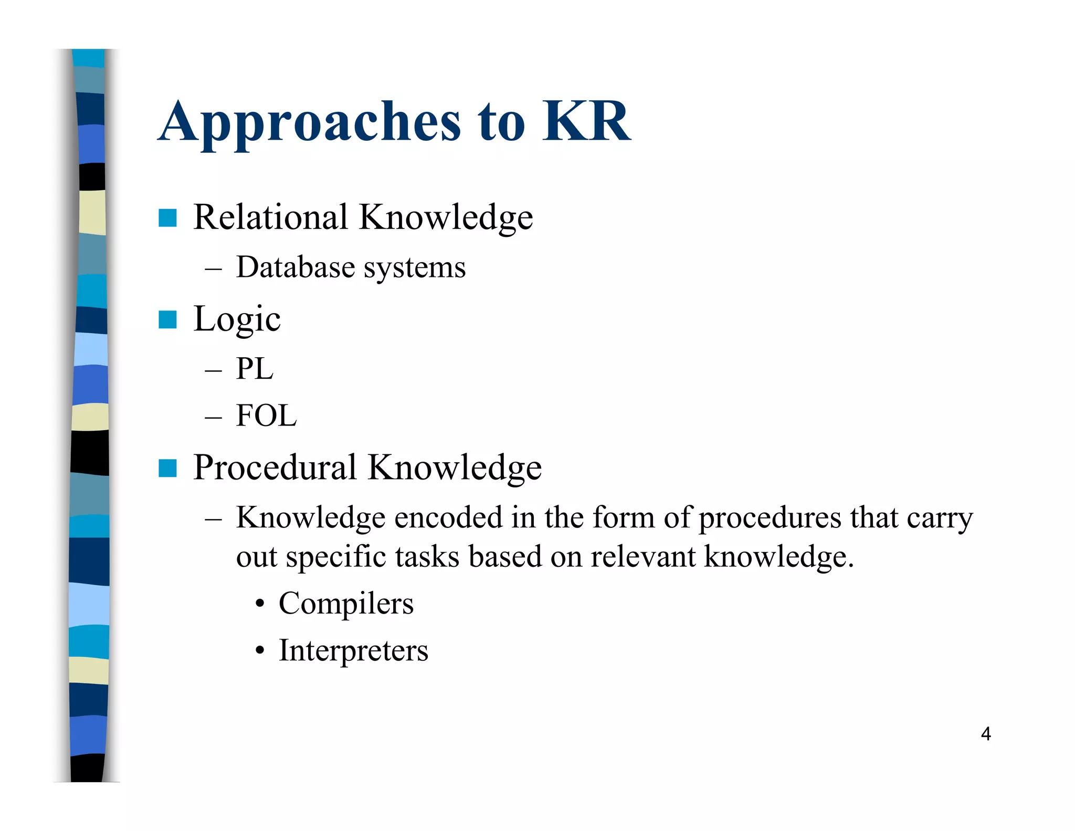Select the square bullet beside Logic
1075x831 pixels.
167,319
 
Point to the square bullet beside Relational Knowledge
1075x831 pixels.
167,218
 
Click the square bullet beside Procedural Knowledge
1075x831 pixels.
167,468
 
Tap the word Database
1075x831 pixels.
296,267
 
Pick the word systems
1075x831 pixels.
415,268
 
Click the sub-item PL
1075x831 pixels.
255,368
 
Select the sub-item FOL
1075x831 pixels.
266,415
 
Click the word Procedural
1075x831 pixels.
275,467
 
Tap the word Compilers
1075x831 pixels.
346,604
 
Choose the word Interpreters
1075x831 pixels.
353,651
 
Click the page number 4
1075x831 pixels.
985,734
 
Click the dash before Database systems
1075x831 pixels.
213,269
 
